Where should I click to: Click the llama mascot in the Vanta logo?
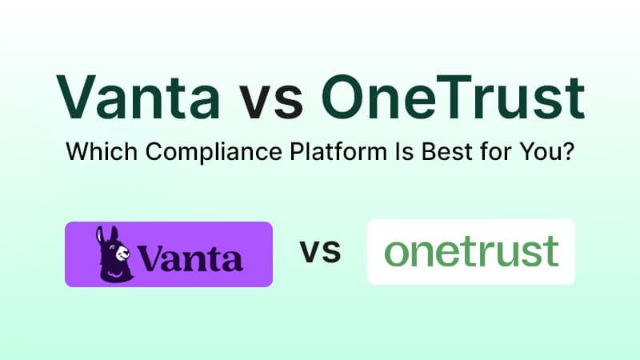tap(114, 254)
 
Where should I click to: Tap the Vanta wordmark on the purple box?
tap(190, 258)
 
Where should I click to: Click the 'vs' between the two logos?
tap(320, 254)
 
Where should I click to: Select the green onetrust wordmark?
tap(470, 252)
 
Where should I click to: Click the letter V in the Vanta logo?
tap(151, 258)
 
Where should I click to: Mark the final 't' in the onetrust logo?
tap(550, 252)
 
